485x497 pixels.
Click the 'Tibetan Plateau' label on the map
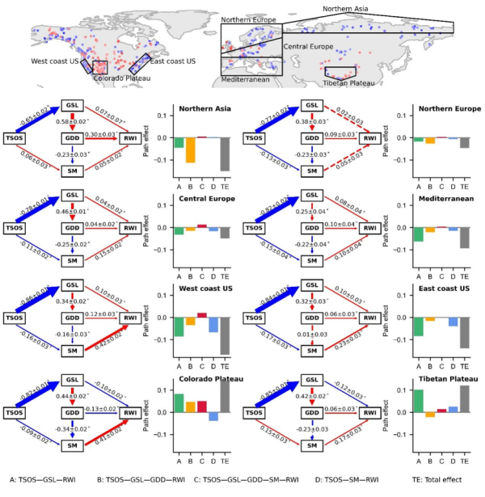click(x=349, y=82)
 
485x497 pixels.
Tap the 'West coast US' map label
click(x=56, y=61)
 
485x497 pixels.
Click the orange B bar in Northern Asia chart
click(x=190, y=150)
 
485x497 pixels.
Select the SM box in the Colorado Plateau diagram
click(x=72, y=444)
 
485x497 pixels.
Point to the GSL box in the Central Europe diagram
click(x=72, y=198)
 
